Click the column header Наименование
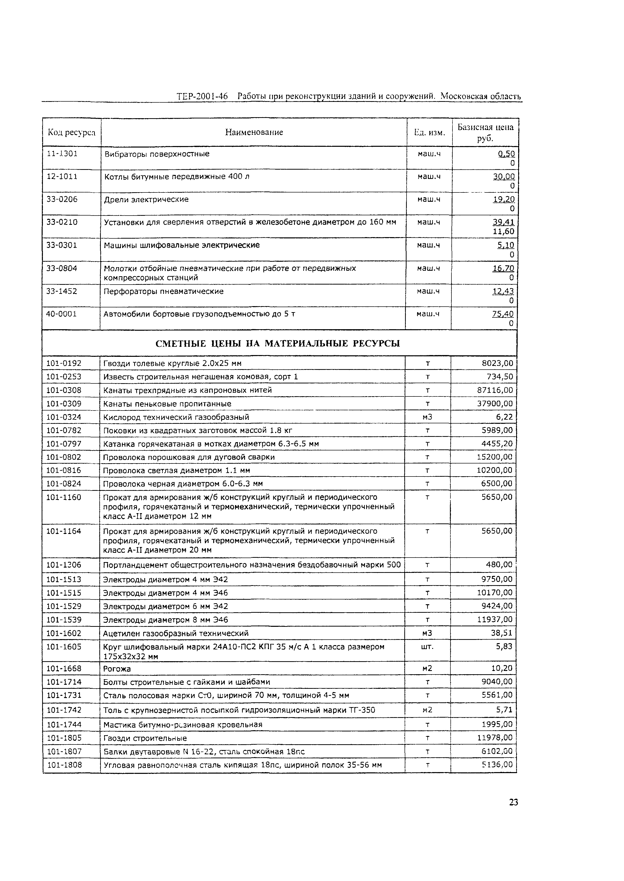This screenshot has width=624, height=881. [x=254, y=132]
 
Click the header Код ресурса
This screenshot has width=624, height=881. [x=71, y=132]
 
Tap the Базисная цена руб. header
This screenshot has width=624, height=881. [x=485, y=132]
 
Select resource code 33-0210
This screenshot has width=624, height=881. [x=62, y=222]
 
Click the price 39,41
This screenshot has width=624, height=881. [x=503, y=222]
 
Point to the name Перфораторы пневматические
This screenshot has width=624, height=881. [x=164, y=291]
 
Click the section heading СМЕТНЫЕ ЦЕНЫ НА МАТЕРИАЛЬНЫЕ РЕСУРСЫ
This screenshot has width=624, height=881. [x=278, y=343]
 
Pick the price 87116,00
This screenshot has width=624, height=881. [x=495, y=390]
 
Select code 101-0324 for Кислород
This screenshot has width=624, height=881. [x=64, y=417]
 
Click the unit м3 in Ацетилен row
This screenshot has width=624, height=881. [x=427, y=633]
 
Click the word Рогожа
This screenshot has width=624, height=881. [x=117, y=669]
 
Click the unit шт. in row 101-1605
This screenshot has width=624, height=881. [x=427, y=647]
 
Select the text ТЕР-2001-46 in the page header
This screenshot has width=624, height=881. [x=202, y=96]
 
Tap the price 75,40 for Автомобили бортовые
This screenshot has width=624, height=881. [x=503, y=314]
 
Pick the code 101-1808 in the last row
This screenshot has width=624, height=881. [x=64, y=765]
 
